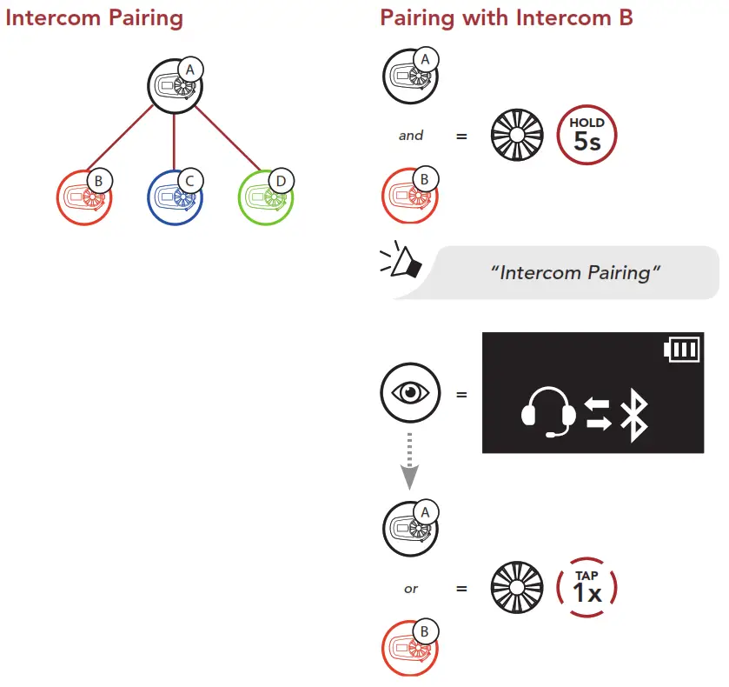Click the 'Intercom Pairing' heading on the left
94,17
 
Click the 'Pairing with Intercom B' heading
507,17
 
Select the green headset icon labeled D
265,197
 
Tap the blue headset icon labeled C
175,197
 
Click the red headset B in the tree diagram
84,197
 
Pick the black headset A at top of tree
175,86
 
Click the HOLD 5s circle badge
587,137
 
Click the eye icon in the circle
410,394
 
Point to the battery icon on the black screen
680,350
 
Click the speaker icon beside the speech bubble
402,261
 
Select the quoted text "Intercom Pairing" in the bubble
576,273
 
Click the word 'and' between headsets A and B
411,136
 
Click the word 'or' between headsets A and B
411,589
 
